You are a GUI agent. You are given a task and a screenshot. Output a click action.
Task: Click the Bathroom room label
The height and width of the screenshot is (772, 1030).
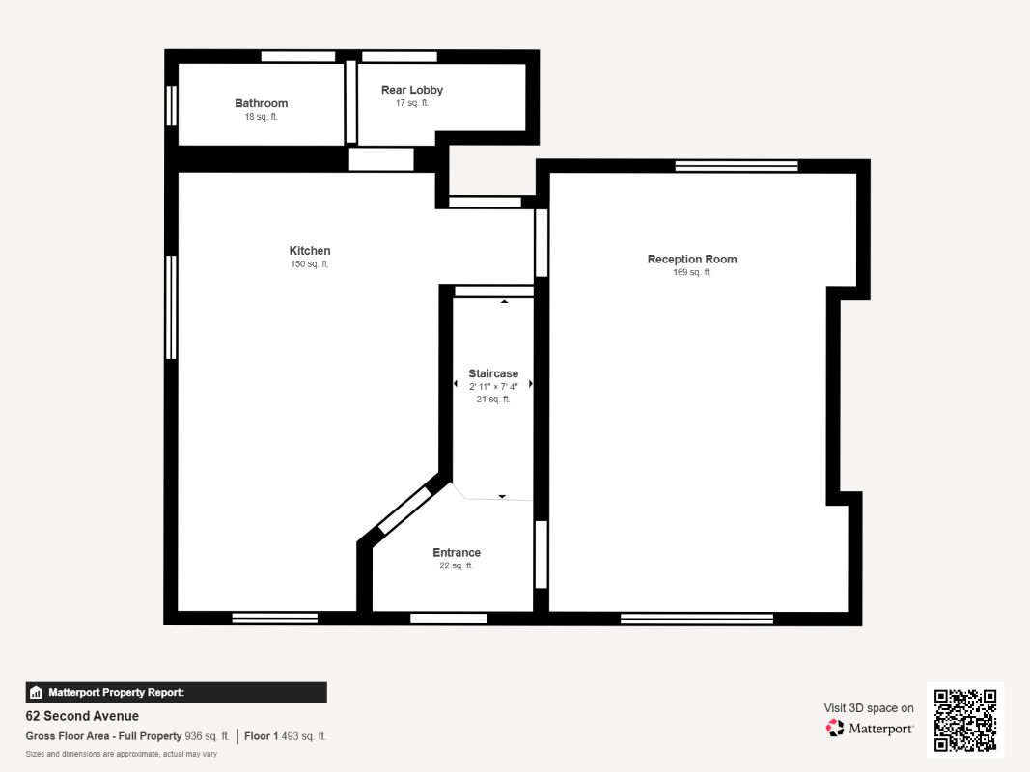pyautogui.click(x=261, y=103)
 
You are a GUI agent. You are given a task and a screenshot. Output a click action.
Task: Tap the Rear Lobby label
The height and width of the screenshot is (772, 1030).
pyautogui.click(x=411, y=90)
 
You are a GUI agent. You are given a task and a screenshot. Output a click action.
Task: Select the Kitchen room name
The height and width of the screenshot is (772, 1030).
pyautogui.click(x=310, y=251)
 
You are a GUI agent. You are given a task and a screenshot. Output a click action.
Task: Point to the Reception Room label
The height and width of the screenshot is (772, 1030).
pyautogui.click(x=691, y=259)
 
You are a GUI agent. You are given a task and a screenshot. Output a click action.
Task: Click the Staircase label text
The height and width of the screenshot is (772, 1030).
pyautogui.click(x=493, y=373)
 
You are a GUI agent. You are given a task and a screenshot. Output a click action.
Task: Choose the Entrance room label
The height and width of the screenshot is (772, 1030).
pyautogui.click(x=456, y=553)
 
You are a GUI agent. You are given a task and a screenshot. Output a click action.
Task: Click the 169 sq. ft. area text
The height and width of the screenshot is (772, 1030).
pyautogui.click(x=691, y=273)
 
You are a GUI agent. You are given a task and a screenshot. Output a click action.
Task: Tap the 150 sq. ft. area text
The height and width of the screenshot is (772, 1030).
pyautogui.click(x=310, y=264)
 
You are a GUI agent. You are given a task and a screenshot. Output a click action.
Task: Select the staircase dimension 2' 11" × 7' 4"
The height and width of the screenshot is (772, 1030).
pyautogui.click(x=493, y=386)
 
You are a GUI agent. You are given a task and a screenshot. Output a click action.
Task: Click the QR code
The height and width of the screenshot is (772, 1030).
pyautogui.click(x=965, y=720)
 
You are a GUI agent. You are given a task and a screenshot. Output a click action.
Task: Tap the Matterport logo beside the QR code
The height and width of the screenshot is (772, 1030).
pyautogui.click(x=870, y=729)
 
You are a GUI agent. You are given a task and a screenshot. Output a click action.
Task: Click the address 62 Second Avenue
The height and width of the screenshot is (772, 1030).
pyautogui.click(x=82, y=716)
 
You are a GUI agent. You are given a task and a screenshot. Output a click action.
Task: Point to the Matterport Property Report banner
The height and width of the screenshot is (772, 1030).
pyautogui.click(x=176, y=692)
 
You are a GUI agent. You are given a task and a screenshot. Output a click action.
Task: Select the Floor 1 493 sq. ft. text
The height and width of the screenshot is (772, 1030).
pyautogui.click(x=285, y=736)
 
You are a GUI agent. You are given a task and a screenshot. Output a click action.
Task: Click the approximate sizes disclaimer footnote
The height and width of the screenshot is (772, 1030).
pyautogui.click(x=121, y=754)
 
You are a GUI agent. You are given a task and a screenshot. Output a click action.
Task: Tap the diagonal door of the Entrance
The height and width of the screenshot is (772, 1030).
pyautogui.click(x=404, y=511)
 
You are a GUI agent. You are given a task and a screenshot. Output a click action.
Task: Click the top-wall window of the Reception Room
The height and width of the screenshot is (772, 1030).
pyautogui.click(x=737, y=166)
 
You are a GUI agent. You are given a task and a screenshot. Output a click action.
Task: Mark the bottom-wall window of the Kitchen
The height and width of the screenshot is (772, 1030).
pyautogui.click(x=275, y=618)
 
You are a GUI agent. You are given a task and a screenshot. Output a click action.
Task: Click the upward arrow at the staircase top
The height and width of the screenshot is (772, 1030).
pyautogui.click(x=504, y=302)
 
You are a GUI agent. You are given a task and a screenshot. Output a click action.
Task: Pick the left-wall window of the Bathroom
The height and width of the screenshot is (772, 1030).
pyautogui.click(x=172, y=105)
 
